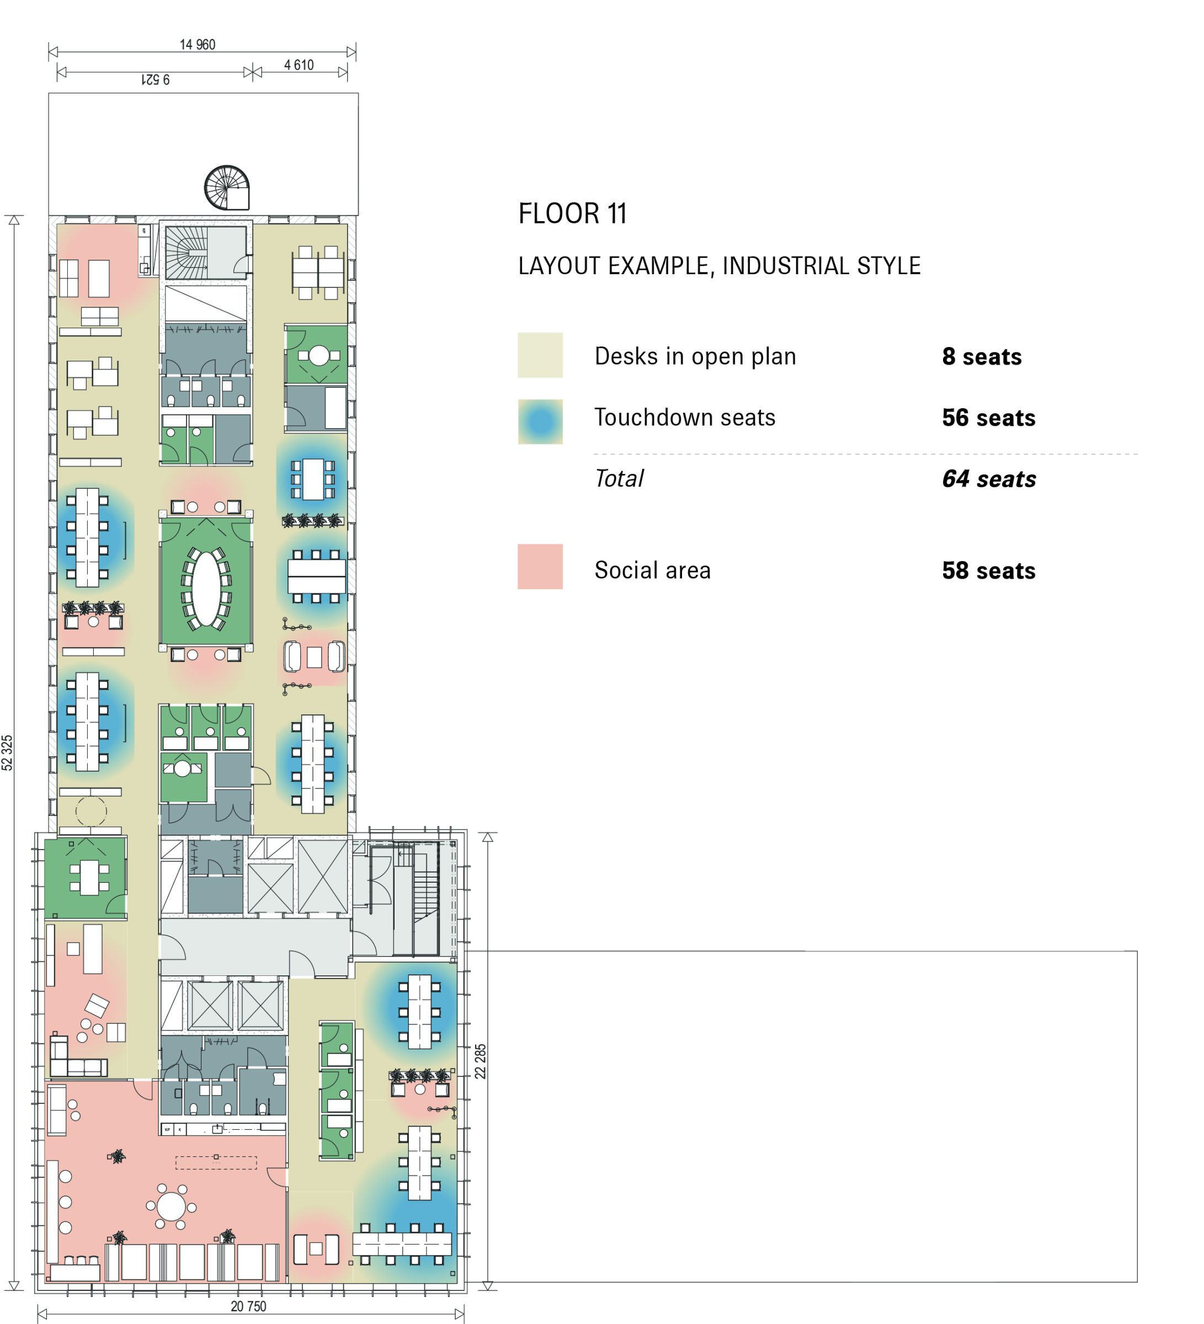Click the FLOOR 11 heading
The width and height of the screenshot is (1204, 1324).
pyautogui.click(x=572, y=214)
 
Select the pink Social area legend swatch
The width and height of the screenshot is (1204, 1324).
pyautogui.click(x=540, y=566)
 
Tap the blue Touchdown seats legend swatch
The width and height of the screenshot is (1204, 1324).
pyautogui.click(x=540, y=421)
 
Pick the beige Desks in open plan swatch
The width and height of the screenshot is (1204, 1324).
pyautogui.click(x=540, y=355)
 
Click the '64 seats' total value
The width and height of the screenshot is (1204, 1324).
pyautogui.click(x=989, y=479)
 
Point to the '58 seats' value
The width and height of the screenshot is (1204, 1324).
pyautogui.click(x=989, y=571)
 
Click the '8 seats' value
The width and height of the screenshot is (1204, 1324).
pyautogui.click(x=982, y=356)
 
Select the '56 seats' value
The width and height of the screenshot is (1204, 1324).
pyautogui.click(x=989, y=418)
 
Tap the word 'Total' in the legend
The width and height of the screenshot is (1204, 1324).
pyautogui.click(x=619, y=479)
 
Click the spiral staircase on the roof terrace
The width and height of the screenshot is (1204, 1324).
pyautogui.click(x=227, y=187)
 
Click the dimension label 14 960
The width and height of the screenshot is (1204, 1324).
pyautogui.click(x=198, y=45)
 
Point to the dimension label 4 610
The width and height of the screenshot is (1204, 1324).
pyautogui.click(x=299, y=65)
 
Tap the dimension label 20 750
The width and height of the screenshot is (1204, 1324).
pyautogui.click(x=248, y=1306)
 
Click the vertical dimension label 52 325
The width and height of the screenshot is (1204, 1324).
pyautogui.click(x=7, y=752)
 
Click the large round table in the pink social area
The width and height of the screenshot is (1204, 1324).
pyautogui.click(x=172, y=1206)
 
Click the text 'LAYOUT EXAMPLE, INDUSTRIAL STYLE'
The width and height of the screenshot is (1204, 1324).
pyautogui.click(x=719, y=266)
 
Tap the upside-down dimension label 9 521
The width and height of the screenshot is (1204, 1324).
pyautogui.click(x=156, y=79)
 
